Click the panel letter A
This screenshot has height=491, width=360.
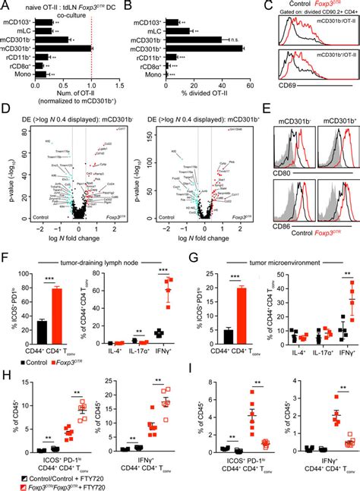[x=5, y=5]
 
